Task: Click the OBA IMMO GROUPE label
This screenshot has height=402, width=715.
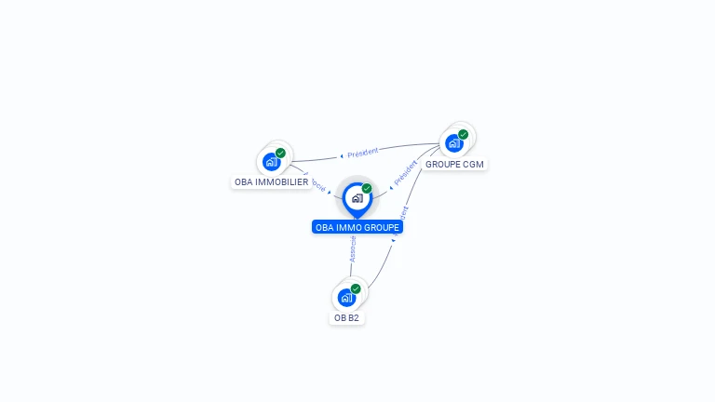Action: [357, 227]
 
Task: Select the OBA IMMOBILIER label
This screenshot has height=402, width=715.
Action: [271, 182]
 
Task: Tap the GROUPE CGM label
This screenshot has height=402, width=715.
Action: [454, 164]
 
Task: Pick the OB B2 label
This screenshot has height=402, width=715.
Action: [346, 317]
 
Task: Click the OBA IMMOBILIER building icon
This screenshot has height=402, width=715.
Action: [271, 162]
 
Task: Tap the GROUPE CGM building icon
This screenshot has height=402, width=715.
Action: [453, 143]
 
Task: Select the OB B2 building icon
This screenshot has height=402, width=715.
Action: [346, 298]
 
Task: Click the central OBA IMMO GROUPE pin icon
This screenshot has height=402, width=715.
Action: [357, 198]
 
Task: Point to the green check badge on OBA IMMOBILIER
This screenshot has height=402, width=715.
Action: [280, 153]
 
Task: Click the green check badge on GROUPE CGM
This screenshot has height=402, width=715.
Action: [463, 134]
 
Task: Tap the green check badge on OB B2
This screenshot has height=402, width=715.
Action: [356, 288]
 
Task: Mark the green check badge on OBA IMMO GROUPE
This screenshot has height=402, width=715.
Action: [367, 189]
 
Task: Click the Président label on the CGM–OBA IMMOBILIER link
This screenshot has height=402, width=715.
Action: [363, 152]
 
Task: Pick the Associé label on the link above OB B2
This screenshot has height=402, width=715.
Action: [353, 248]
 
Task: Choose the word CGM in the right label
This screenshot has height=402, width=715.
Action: [473, 164]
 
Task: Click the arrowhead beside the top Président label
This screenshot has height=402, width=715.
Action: [342, 155]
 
